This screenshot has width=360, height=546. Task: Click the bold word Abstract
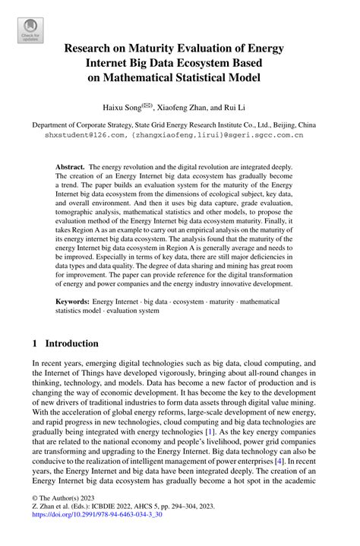71,166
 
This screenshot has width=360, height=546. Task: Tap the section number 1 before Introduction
35,343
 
